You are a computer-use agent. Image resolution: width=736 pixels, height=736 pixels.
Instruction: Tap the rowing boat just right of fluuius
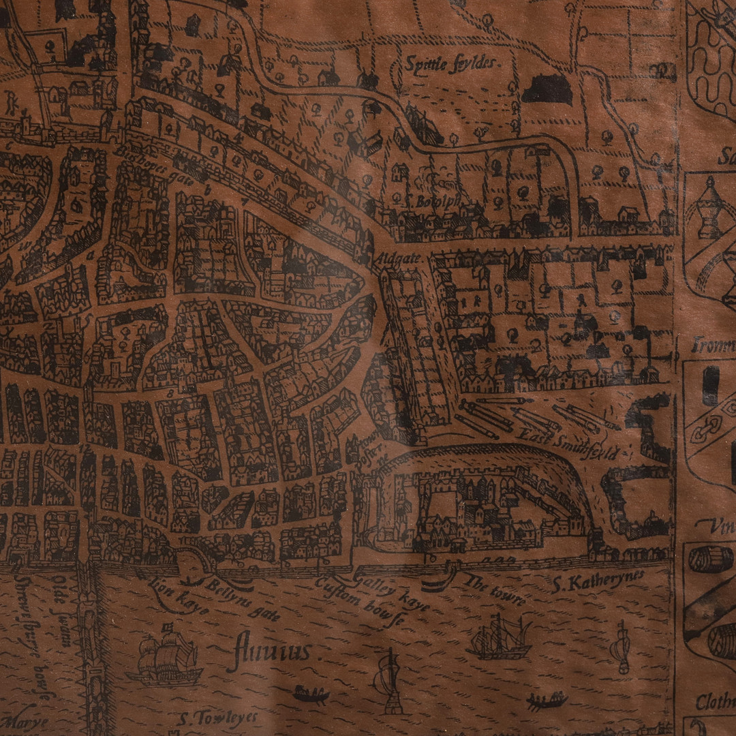[311, 694]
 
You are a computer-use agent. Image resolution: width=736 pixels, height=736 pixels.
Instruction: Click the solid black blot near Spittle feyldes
[547, 89]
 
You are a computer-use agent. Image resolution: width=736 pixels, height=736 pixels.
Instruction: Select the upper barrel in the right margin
[710, 559]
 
